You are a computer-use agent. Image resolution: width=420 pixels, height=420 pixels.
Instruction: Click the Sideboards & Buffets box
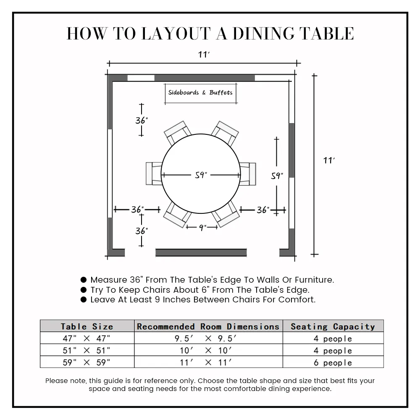point(200,92)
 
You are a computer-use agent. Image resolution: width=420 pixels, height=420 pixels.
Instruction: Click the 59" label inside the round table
point(201,175)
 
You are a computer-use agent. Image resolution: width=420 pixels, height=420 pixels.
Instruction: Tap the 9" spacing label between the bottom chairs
point(202,228)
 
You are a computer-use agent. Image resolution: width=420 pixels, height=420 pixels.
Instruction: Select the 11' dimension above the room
point(204,55)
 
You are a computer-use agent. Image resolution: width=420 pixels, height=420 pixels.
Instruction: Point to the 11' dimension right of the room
point(329,160)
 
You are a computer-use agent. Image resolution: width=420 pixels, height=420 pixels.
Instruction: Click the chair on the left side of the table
point(154,173)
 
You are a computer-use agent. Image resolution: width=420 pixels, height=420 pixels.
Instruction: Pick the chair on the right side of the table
point(248,173)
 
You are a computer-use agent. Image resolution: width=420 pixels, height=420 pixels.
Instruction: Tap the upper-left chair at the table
point(177,133)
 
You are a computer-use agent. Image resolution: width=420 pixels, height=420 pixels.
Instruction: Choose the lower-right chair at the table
point(226,214)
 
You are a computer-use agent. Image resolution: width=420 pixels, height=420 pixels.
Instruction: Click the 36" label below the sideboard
point(142,121)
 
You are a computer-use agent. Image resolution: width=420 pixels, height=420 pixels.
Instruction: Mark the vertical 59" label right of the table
point(276,176)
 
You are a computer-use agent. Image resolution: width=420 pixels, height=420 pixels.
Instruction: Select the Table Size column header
point(87,326)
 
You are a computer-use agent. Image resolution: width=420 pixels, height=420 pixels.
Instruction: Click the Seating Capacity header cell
point(333,326)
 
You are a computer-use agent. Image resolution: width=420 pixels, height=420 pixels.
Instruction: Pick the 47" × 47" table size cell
point(87,339)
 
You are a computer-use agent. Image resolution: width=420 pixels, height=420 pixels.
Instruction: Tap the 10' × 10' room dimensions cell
point(208,350)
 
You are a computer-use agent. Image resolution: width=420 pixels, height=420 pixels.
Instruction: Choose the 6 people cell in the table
point(333,362)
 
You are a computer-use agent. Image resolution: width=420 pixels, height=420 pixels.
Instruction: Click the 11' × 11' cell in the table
point(208,362)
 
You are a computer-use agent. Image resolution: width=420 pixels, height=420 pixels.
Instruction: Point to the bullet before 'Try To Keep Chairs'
point(84,290)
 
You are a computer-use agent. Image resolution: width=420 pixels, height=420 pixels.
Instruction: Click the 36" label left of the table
point(137,209)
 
